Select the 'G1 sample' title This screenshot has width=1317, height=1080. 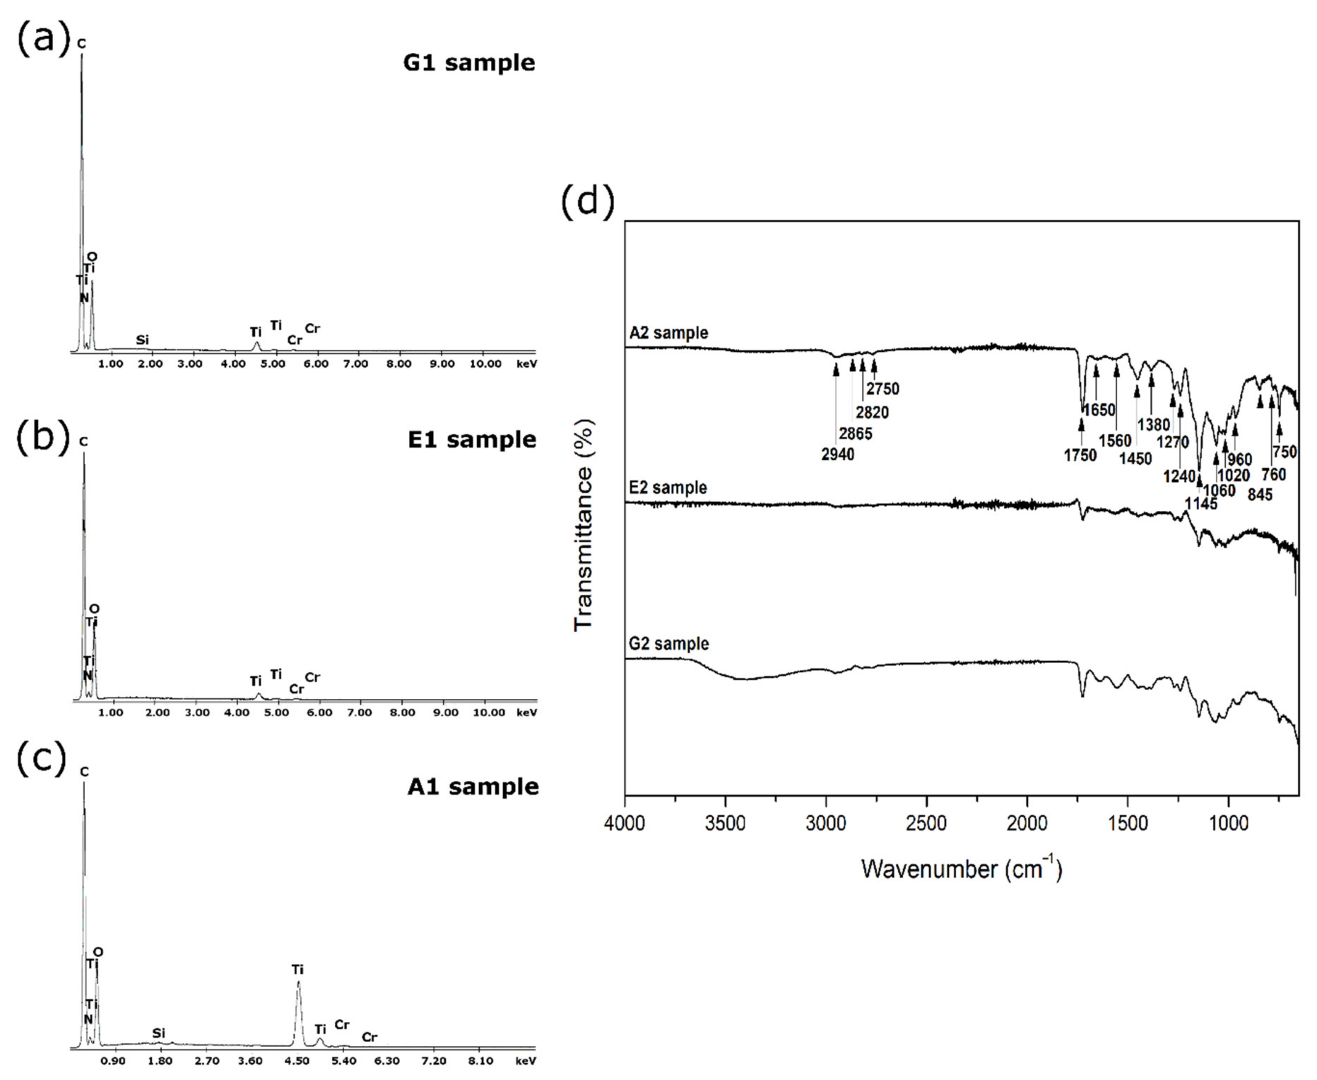[x=469, y=63]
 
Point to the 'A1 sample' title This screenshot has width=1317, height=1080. [x=473, y=786]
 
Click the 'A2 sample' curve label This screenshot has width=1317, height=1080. [x=668, y=333]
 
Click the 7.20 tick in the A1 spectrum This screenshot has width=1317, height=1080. [x=433, y=1061]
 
